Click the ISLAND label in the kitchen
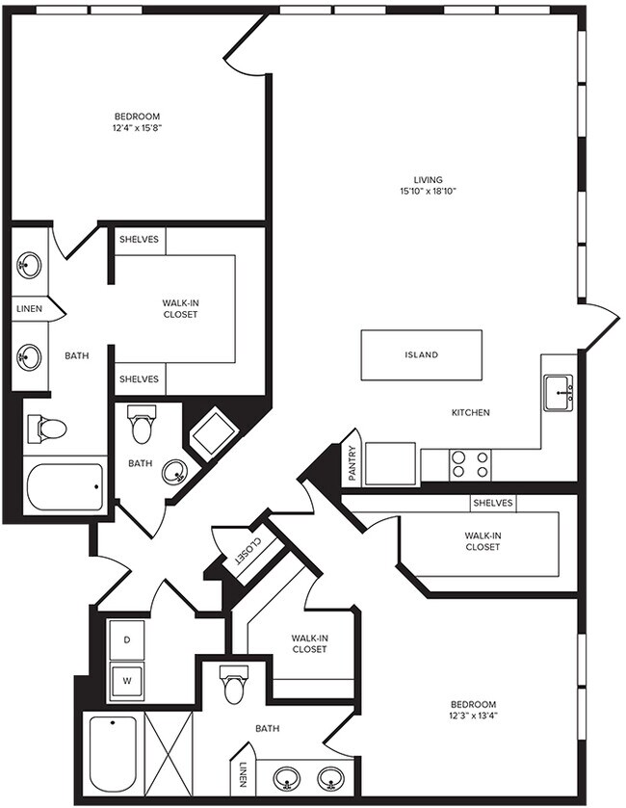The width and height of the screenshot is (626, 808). tap(421, 354)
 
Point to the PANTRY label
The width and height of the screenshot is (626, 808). tap(352, 463)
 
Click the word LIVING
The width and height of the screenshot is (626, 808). tap(428, 179)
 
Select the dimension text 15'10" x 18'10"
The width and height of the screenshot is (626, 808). tap(428, 192)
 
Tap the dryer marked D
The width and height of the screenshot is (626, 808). tap(126, 638)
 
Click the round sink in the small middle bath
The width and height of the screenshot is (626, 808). tap(174, 472)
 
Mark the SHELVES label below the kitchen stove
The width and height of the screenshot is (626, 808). tap(492, 503)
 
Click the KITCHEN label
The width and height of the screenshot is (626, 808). tap(471, 412)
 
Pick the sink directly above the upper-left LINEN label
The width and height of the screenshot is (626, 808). tap(29, 264)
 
